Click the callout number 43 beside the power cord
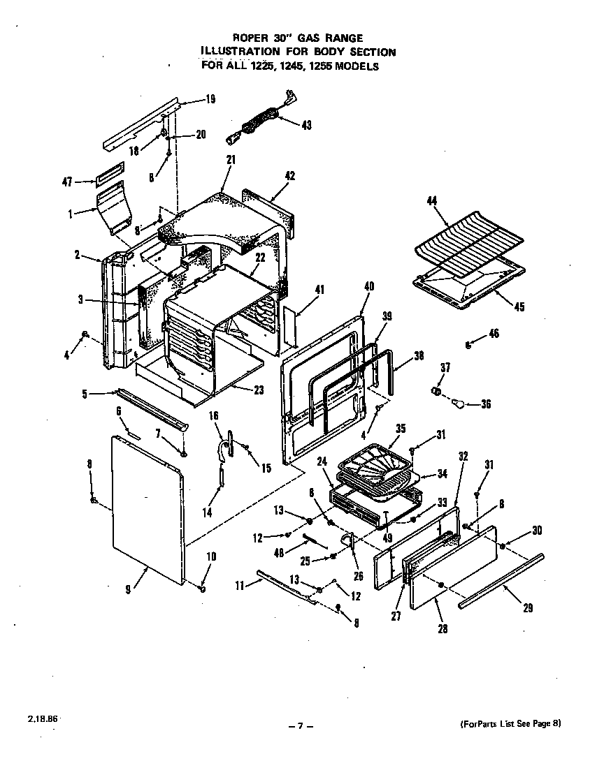coord(306,125)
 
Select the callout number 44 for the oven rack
coord(431,202)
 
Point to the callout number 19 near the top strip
coord(210,99)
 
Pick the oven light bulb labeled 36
coord(458,403)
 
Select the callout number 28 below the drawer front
coord(442,628)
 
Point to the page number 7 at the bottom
coord(300,726)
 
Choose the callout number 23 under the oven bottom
coord(259,390)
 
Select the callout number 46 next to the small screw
coord(494,334)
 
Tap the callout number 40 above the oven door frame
coord(369,285)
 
